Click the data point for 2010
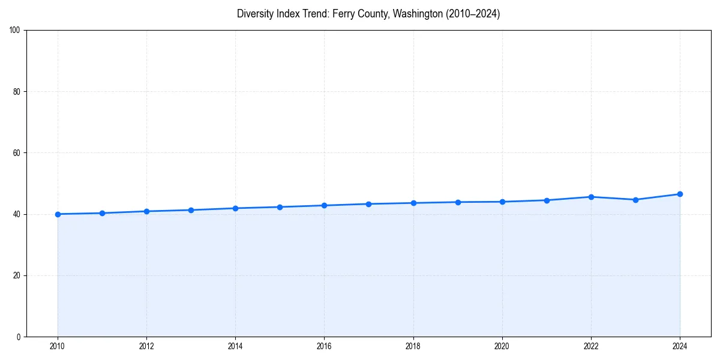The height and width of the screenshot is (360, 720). point(58,214)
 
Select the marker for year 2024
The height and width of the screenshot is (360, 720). point(680,194)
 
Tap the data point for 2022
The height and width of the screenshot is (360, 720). point(591,197)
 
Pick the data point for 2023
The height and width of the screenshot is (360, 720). point(635,200)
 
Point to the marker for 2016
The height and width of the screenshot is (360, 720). point(324,205)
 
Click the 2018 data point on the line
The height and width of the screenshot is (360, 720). point(413,203)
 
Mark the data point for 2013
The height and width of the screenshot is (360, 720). point(191,210)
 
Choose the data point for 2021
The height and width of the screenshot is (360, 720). point(547,200)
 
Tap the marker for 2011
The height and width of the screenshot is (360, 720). point(102,213)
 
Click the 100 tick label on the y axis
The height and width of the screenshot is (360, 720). point(16,30)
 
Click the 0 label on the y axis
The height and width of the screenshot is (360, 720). point(19,337)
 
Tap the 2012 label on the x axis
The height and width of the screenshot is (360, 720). point(146,346)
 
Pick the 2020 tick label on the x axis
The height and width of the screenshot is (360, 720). point(502,346)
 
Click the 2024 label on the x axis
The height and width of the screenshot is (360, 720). point(680,346)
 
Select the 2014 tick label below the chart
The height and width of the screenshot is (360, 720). point(235,346)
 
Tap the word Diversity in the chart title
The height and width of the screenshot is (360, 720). point(255,14)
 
